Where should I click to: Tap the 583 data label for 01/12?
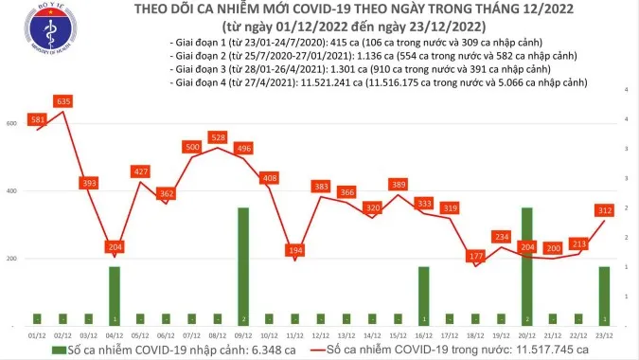pos(38,119)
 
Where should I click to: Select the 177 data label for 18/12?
pos(475,256)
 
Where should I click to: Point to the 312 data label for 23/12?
pos(603,210)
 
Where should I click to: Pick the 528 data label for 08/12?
pos(218,137)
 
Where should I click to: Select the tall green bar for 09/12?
pos(243,265)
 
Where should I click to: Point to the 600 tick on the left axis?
pos(11,124)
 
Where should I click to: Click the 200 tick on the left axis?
pos(11,259)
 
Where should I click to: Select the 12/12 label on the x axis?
pos(321,334)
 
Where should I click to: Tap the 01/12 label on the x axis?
pos(38,334)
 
